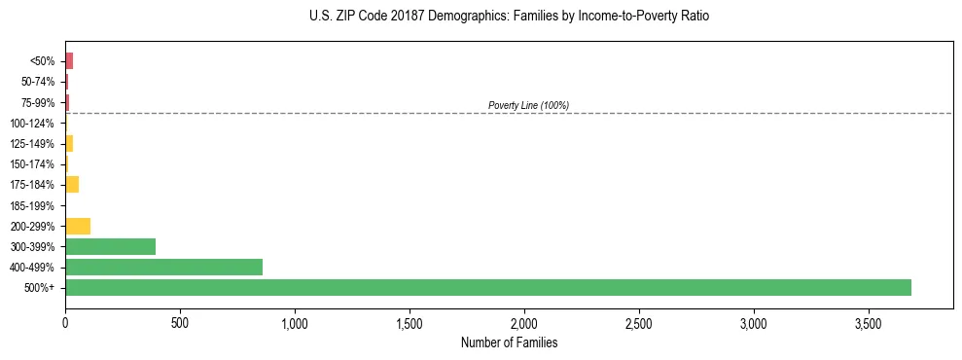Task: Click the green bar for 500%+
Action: click(487, 287)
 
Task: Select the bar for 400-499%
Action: click(163, 267)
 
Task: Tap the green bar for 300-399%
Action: click(110, 246)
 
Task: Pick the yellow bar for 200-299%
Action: click(78, 226)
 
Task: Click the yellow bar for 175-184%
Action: click(72, 185)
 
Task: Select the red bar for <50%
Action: click(69, 61)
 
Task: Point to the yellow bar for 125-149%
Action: click(69, 144)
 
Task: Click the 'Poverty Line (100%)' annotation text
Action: click(528, 105)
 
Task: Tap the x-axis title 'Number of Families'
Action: click(509, 342)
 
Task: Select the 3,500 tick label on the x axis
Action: click(869, 322)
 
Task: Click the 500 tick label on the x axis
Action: click(180, 322)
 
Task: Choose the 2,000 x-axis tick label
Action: click(524, 322)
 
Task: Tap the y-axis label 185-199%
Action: click(32, 205)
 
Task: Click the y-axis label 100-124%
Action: click(32, 124)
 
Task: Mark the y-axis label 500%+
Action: click(41, 288)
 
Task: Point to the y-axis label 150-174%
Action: click(32, 164)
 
